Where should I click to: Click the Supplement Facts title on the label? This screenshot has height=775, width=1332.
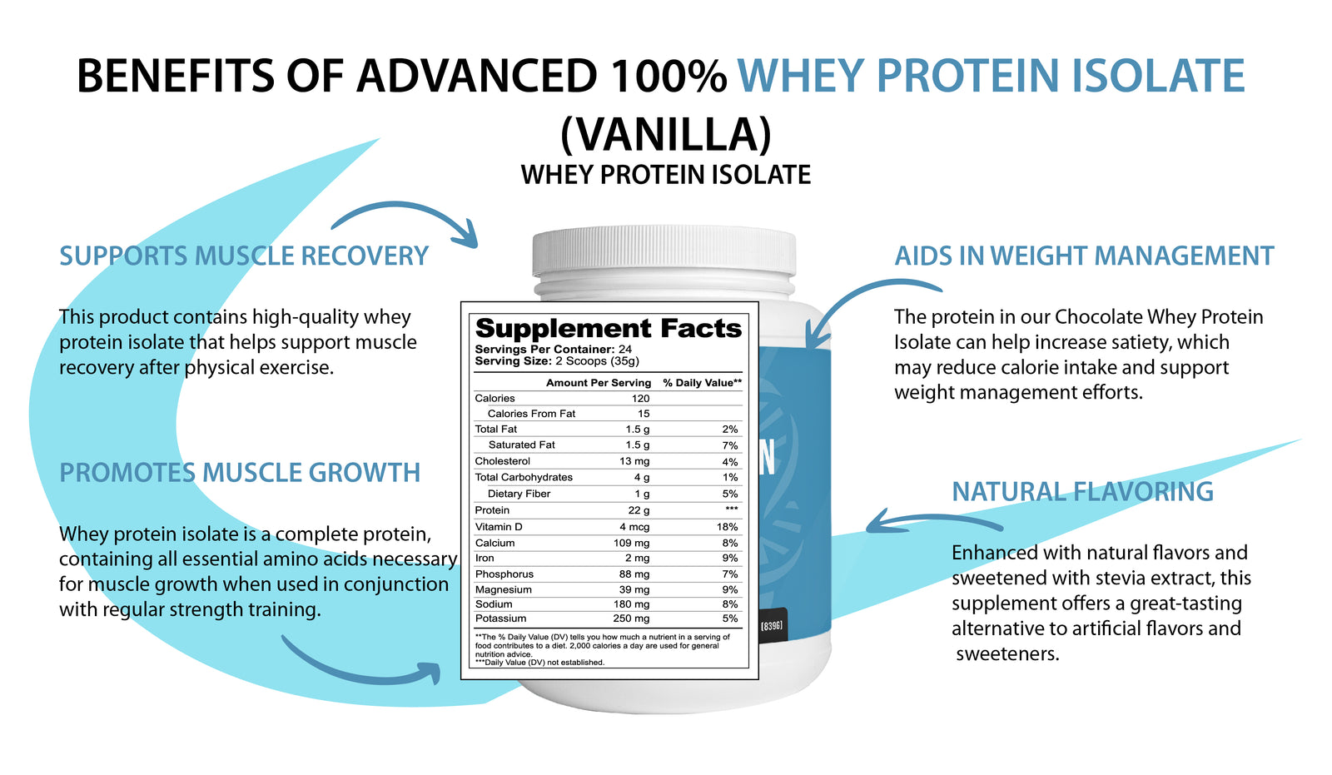click(x=608, y=328)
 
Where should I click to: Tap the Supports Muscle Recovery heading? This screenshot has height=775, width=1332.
click(x=244, y=256)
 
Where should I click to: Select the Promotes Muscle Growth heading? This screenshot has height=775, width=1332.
click(x=240, y=473)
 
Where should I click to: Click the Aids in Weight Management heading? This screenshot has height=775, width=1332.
click(x=1084, y=256)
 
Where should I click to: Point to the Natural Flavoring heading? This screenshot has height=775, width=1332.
click(x=1082, y=491)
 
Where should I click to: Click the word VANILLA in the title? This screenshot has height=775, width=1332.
click(x=666, y=134)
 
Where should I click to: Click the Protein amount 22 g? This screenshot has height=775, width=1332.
click(x=639, y=510)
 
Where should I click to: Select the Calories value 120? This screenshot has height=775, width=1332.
click(x=640, y=399)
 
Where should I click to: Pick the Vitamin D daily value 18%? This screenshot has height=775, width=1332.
click(x=727, y=527)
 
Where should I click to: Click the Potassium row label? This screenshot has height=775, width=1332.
click(x=500, y=619)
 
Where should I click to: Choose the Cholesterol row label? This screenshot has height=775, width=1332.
click(x=502, y=461)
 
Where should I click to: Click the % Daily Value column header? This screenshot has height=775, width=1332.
click(x=702, y=383)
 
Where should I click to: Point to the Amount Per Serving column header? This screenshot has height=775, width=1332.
click(x=598, y=383)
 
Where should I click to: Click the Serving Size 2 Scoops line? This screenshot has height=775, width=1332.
click(x=557, y=361)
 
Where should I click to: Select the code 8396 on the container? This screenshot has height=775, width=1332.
click(x=772, y=625)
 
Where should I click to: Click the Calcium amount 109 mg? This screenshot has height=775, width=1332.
click(x=631, y=543)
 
